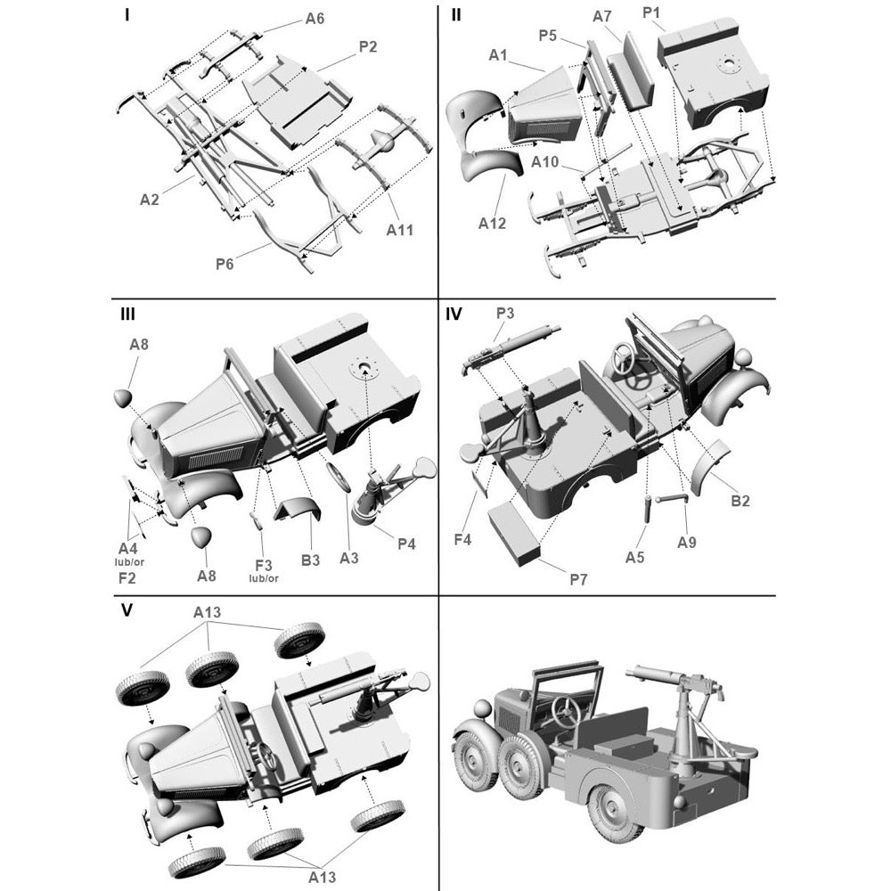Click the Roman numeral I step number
click(127, 15)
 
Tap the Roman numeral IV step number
click(454, 314)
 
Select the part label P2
click(368, 46)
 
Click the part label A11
click(399, 230)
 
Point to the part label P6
click(225, 264)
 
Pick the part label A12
click(492, 224)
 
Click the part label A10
click(545, 162)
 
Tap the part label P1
click(652, 12)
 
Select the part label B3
click(310, 560)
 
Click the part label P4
click(406, 544)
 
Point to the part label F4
click(462, 539)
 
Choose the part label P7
click(578, 579)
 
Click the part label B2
click(740, 501)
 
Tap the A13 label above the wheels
click(207, 612)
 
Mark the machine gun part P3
click(511, 347)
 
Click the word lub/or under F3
click(264, 578)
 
